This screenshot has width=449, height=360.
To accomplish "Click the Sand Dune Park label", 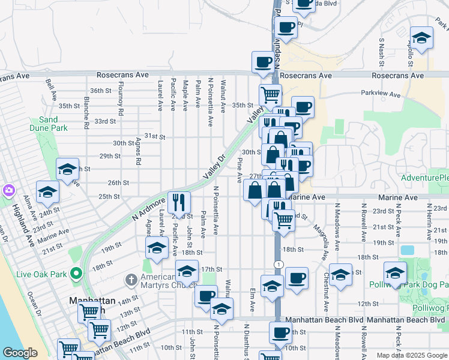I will coord(48,124).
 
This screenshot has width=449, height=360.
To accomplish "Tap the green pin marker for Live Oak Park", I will coord(76,274).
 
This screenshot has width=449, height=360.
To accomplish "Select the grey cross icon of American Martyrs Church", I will coord(131,280).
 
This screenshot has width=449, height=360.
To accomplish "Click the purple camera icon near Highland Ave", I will coord(8,190).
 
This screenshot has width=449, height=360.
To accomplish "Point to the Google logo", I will coord(20,353).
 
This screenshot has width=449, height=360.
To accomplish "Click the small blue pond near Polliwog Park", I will coord(407,250).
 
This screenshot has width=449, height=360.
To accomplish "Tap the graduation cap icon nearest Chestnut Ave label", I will coord(340,274).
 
